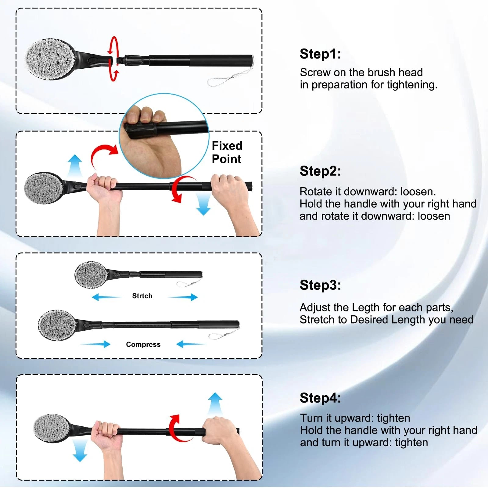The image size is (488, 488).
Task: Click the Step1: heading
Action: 320,54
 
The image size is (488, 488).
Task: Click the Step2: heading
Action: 320,171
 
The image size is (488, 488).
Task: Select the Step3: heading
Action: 320,285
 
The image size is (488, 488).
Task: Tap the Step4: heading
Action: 320,398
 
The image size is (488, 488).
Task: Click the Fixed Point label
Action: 227,152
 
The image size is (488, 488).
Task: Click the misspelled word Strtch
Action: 142,296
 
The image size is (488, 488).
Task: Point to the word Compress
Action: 143,344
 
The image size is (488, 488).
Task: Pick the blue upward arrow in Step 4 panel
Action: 215,403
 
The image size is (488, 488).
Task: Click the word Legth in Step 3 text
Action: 366,307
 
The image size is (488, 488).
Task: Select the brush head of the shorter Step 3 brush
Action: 91,275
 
